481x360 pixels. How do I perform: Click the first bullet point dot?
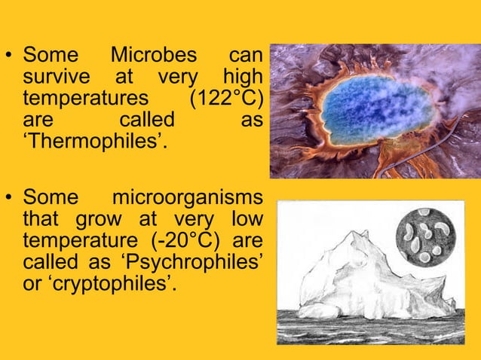(x=10, y=56)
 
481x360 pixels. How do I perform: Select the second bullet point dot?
(x=10, y=200)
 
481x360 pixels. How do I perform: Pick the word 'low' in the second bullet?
(x=245, y=221)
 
